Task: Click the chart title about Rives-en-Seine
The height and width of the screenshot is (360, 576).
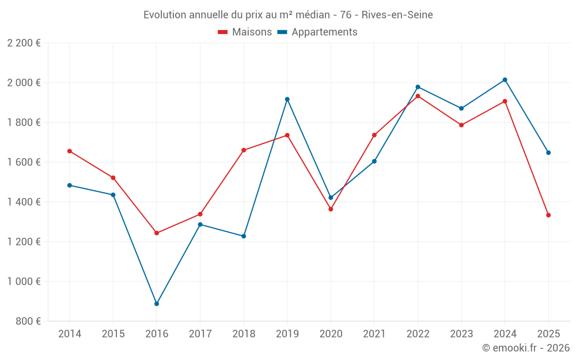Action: [288, 14]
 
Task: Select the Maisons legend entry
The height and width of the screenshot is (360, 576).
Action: [245, 32]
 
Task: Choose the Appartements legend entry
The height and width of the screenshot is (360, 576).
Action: [317, 32]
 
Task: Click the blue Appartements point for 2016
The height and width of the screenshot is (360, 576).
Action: [157, 304]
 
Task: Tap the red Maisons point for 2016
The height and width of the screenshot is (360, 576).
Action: [157, 233]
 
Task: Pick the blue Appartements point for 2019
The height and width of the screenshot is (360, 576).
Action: [287, 99]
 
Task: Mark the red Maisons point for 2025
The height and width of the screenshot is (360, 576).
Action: [548, 215]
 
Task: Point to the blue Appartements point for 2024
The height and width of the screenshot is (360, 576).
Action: [505, 79]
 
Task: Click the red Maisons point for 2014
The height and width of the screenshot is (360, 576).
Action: [70, 151]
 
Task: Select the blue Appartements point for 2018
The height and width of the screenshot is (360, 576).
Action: [244, 236]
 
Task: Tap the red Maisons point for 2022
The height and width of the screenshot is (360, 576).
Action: [418, 96]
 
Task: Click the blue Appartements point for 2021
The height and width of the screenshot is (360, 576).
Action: [374, 161]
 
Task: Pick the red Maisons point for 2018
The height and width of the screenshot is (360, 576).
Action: [244, 150]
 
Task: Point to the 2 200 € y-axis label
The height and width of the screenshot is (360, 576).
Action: [24, 43]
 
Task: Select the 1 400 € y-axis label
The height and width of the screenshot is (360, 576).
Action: [24, 202]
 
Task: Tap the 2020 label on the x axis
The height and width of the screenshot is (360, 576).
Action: [331, 334]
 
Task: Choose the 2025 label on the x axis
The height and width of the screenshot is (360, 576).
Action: [548, 334]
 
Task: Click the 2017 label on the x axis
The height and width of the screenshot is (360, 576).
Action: [200, 334]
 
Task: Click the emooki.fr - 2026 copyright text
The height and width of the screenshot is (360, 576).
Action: [525, 348]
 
